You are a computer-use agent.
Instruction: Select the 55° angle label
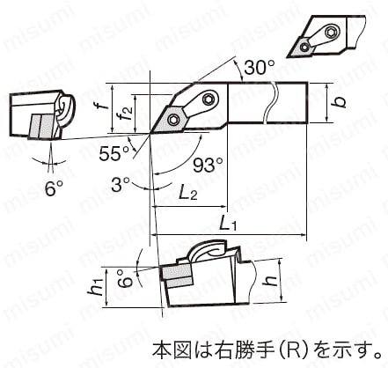[x=114, y=153]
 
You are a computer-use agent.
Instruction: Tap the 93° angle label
[x=209, y=165]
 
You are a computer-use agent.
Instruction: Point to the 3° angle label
[x=121, y=184]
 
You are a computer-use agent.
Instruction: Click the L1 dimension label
[x=228, y=224]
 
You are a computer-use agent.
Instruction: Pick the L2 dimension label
[x=188, y=193]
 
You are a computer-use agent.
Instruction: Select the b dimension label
[x=340, y=102]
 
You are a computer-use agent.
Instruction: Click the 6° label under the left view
[x=54, y=188]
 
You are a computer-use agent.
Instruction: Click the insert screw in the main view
[x=172, y=119]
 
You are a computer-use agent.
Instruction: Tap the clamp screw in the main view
[x=209, y=99]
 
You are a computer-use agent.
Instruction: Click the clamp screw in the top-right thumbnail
[x=332, y=30]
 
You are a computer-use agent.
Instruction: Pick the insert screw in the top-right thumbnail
[x=305, y=47]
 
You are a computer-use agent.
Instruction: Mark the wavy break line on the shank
[x=270, y=102]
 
